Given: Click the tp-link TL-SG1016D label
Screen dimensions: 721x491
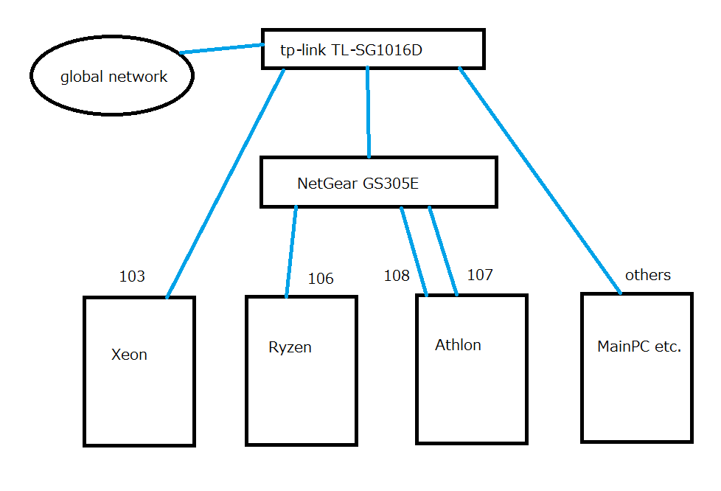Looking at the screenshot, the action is tap(352, 49).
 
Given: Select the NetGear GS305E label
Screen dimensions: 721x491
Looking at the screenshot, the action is tap(358, 184).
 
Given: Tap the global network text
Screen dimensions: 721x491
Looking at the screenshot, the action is tap(114, 77).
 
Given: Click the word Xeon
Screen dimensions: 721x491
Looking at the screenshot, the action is tap(129, 355).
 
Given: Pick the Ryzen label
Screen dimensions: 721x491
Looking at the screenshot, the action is tap(290, 347).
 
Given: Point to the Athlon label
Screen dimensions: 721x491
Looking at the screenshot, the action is tap(458, 345).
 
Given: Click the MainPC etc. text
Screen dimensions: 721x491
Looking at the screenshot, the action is tap(639, 347).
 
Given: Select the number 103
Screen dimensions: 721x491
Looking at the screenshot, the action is tap(132, 276).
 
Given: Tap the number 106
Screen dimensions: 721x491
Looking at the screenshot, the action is tap(321, 278).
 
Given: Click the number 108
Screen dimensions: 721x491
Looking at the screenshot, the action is tap(397, 276).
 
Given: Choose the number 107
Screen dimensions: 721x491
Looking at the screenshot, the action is tap(480, 274).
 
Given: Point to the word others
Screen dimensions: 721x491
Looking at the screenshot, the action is tap(648, 274).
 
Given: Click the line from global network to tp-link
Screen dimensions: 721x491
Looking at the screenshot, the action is tap(222, 49).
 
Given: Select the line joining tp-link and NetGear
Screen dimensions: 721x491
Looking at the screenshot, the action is tap(368, 112).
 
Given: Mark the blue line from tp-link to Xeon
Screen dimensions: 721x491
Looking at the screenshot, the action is tap(226, 184).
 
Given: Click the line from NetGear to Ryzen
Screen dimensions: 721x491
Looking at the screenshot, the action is tap(291, 251).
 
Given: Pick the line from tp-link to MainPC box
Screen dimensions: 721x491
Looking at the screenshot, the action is tap(540, 180).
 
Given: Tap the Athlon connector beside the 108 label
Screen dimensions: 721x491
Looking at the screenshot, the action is tap(414, 251).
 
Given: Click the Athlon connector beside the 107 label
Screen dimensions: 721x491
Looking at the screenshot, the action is tap(443, 251).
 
